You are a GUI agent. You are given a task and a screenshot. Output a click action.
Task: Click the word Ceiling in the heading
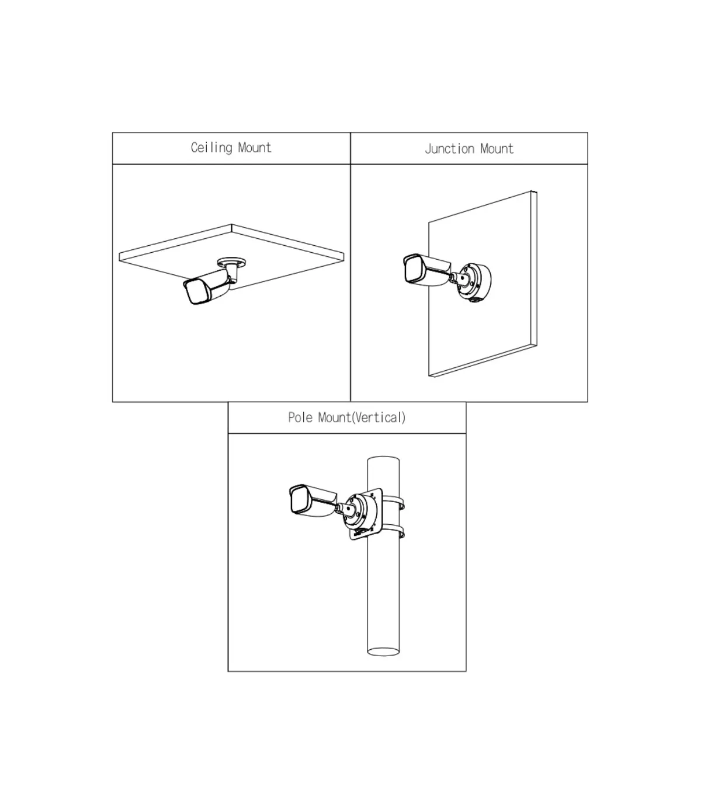click(x=211, y=148)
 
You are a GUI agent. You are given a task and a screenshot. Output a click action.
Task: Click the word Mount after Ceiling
click(x=255, y=148)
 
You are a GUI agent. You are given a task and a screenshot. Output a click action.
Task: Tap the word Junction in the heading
click(x=450, y=149)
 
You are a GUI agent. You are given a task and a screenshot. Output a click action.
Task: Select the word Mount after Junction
click(x=497, y=149)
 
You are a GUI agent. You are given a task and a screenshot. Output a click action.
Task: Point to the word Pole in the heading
click(x=300, y=417)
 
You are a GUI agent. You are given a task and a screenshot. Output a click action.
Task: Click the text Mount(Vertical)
click(x=362, y=418)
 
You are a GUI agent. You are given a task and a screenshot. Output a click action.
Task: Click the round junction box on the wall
click(x=475, y=283)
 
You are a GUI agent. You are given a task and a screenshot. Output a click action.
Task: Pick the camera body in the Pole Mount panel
click(x=313, y=501)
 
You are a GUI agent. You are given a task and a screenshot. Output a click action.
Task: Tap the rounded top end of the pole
click(x=383, y=459)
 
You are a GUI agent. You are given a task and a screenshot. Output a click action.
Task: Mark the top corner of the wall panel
click(x=532, y=191)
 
